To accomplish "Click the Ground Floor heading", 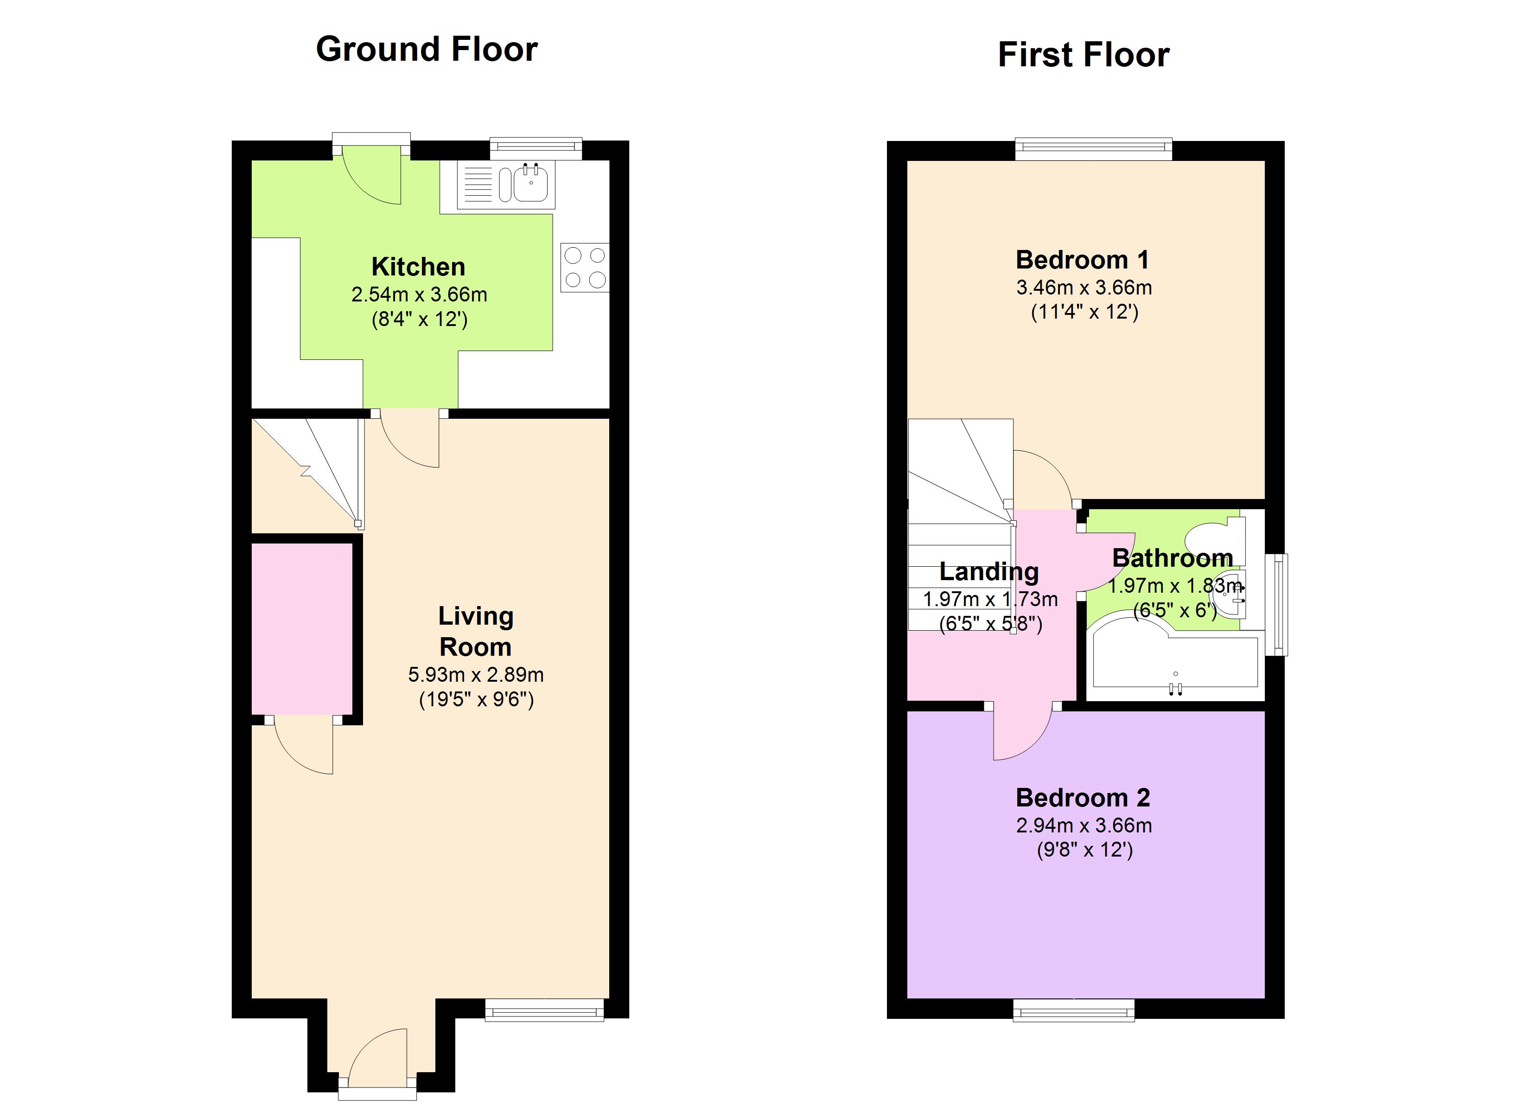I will coord(427,49).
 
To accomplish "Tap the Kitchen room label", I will coord(418,267).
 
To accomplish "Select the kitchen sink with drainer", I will coord(506,184).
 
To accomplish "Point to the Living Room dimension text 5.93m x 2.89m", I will coord(476,674).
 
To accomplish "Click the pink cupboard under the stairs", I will coord(301,628).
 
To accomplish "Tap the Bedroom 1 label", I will coord(1082,260).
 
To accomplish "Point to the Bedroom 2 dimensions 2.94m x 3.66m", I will coord(1084,825).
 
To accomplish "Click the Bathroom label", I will coord(1173,558).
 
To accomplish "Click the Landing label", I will coord(989,572).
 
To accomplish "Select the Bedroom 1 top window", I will coord(1094,148).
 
